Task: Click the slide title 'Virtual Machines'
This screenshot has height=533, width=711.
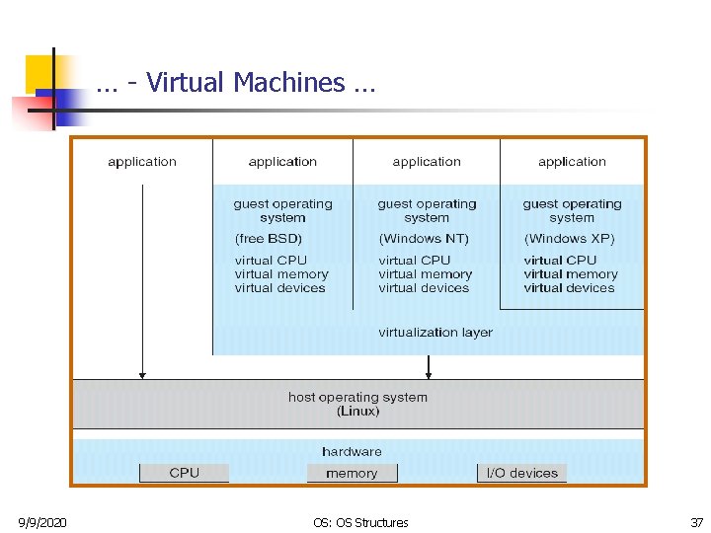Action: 236,83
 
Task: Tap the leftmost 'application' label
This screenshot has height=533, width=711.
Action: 142,162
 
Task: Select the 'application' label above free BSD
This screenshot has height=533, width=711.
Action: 282,162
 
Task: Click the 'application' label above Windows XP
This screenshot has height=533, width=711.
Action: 572,162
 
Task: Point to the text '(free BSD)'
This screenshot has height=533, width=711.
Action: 269,239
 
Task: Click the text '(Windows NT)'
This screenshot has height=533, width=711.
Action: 424,239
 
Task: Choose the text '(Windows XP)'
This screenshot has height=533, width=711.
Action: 570,239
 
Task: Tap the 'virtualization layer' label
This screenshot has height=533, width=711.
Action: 435,333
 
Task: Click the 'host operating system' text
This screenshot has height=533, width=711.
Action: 357,397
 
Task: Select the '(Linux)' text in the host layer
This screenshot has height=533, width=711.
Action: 357,411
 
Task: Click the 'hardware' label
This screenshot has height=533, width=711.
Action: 352,452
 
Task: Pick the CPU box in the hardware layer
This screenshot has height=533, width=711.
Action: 184,474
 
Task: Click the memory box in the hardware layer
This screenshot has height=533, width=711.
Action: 352,474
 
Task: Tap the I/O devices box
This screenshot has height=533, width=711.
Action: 522,474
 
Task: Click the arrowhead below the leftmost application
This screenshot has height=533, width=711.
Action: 143,374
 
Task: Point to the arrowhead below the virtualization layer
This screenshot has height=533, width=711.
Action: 428,374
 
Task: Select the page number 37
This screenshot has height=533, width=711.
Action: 697,522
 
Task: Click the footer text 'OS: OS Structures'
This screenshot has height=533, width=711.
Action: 359,522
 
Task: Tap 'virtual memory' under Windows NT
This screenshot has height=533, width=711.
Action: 425,274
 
